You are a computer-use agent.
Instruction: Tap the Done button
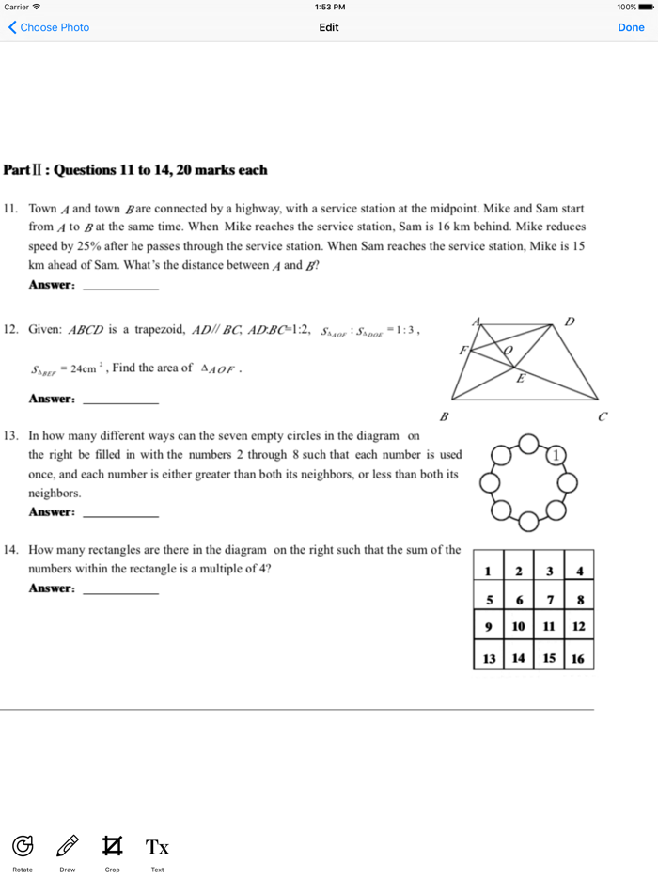tap(631, 27)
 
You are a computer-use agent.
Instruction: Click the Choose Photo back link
tap(49, 27)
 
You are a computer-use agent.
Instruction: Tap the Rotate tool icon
tap(23, 846)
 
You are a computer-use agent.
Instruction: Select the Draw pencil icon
tap(68, 846)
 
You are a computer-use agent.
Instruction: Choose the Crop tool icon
tap(113, 846)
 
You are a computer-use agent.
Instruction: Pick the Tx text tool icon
tap(158, 847)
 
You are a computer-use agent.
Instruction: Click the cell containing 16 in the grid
tap(578, 658)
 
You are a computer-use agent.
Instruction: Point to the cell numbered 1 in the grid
tap(489, 571)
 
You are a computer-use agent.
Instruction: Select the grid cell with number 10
tap(519, 626)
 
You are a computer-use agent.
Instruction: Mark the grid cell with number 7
tap(549, 600)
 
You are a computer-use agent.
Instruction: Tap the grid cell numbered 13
tap(489, 658)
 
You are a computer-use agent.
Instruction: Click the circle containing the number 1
tap(556, 455)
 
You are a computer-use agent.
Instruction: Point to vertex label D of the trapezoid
tap(570, 321)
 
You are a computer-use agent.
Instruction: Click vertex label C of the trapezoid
tap(603, 416)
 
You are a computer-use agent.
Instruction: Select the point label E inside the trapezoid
tap(520, 379)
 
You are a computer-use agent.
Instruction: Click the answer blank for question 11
tap(120, 287)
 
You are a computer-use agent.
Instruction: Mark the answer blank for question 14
tap(120, 590)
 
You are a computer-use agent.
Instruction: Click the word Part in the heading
tap(18, 170)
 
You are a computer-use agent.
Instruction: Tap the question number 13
tap(11, 436)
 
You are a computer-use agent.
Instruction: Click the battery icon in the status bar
tap(646, 7)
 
